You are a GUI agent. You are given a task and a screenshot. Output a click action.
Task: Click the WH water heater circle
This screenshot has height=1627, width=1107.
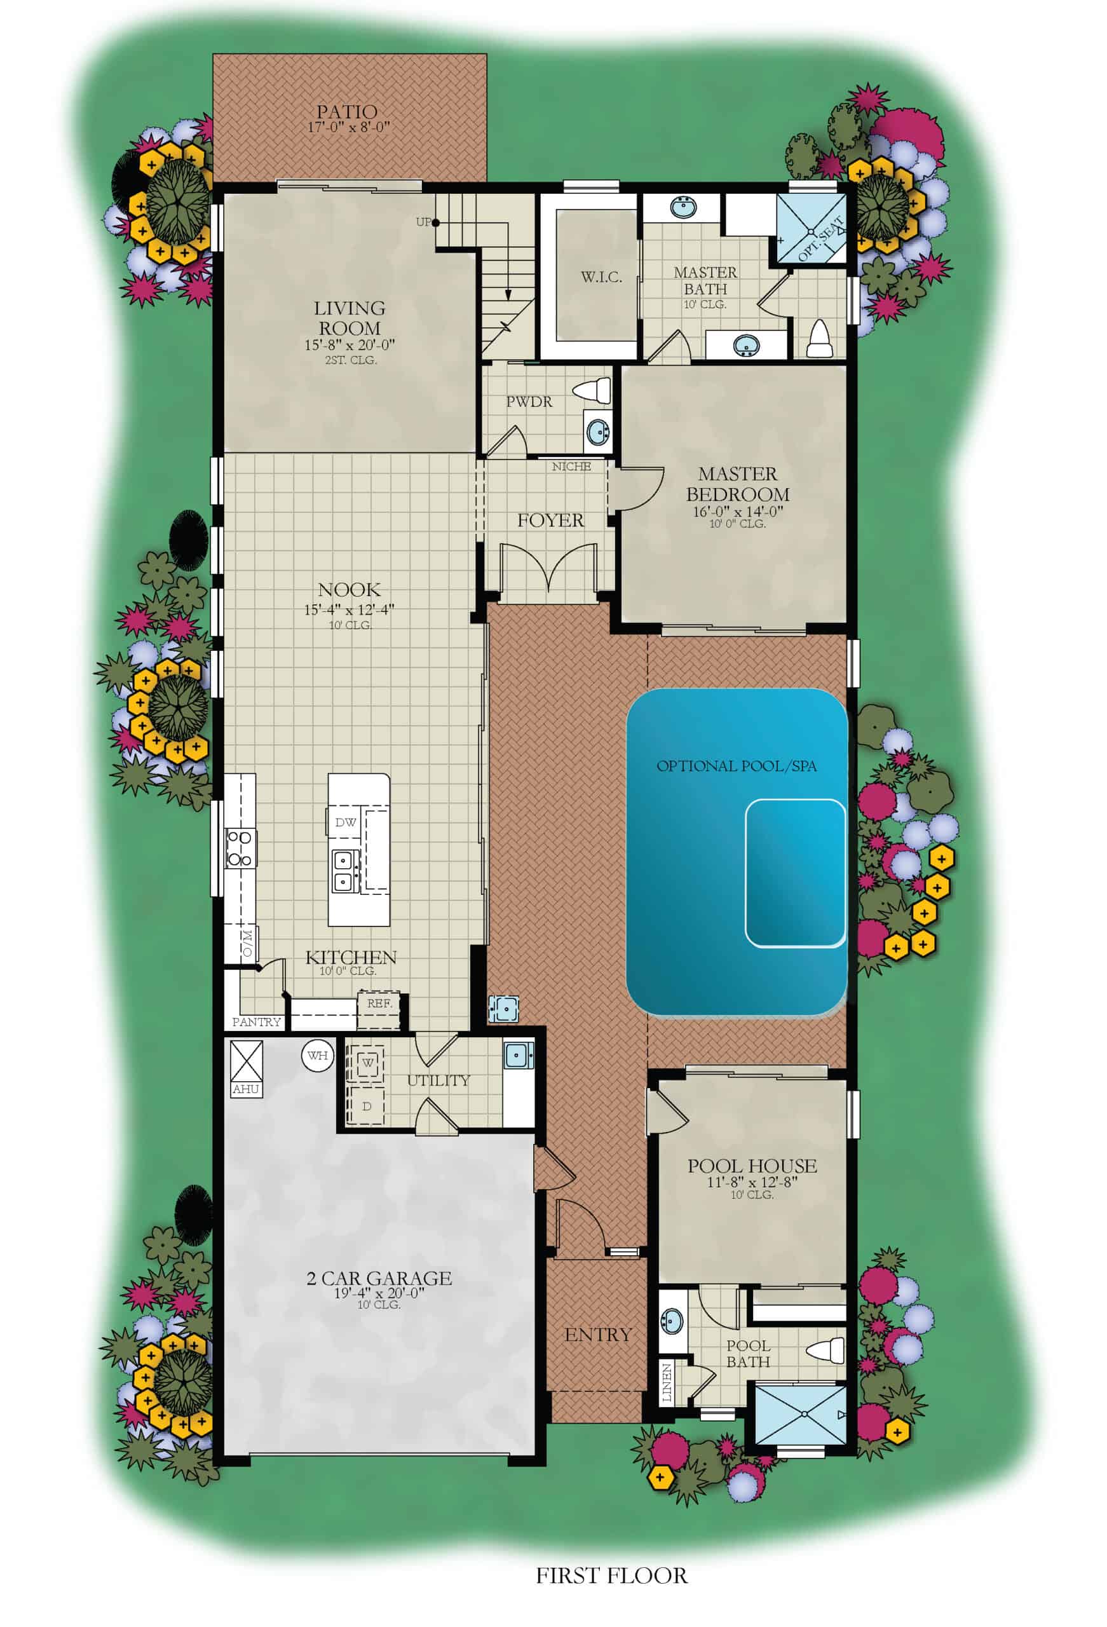(x=317, y=1054)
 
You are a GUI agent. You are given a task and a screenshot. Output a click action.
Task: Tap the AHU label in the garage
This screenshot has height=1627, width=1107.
(x=246, y=1089)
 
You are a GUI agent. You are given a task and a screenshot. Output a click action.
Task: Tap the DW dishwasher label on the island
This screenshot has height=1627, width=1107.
(x=345, y=822)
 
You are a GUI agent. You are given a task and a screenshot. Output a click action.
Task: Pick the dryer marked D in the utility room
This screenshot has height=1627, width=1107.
(x=366, y=1106)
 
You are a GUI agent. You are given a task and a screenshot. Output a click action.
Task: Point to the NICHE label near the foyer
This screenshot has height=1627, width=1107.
(x=571, y=466)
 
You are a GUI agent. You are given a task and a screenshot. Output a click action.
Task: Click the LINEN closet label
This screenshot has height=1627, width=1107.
(x=666, y=1382)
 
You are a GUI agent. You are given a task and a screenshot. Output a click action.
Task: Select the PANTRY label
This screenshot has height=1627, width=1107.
(x=256, y=1021)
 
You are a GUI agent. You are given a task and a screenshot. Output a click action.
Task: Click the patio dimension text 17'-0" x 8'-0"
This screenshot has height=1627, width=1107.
(x=348, y=127)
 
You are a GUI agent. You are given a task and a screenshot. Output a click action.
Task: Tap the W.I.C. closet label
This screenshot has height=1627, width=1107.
(x=601, y=277)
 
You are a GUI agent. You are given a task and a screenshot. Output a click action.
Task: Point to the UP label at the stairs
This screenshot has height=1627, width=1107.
(x=423, y=222)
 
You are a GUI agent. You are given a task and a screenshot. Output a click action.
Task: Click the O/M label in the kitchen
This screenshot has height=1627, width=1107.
(x=247, y=943)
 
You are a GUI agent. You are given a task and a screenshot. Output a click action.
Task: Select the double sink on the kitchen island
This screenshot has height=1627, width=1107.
(x=345, y=870)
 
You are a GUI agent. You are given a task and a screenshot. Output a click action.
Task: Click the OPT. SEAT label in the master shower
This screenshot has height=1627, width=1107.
(x=821, y=239)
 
